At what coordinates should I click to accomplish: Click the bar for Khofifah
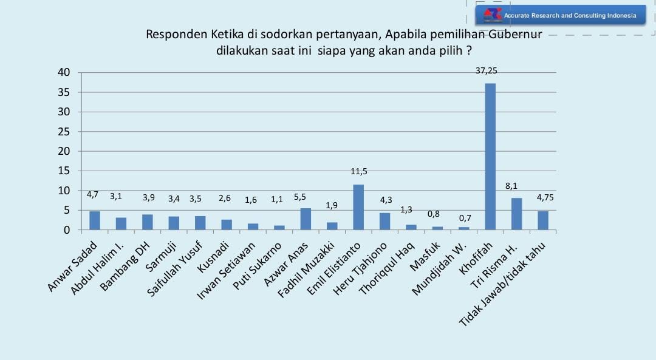(x=490, y=157)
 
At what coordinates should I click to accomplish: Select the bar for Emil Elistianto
(x=358, y=207)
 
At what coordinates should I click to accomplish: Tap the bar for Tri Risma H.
(x=516, y=214)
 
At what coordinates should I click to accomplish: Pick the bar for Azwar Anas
(x=306, y=219)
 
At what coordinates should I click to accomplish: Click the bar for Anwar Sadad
(x=95, y=220)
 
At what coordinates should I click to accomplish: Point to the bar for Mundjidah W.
(x=463, y=228)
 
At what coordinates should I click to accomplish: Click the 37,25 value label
(x=487, y=70)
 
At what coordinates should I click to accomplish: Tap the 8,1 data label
(x=518, y=186)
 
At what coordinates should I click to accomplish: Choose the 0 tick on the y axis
(x=68, y=230)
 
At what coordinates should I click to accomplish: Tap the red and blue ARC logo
(x=492, y=15)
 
